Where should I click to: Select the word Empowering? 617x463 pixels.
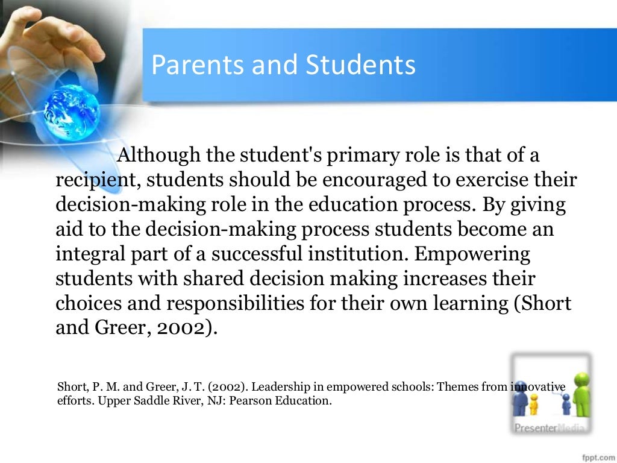[x=473, y=254]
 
